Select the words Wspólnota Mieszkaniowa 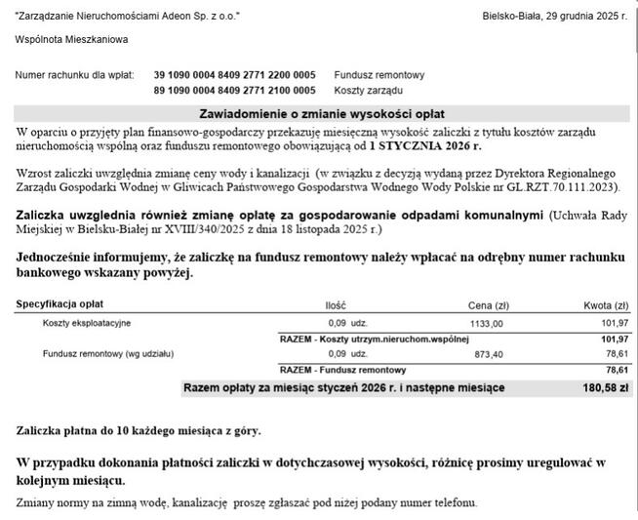pyautogui.click(x=71, y=40)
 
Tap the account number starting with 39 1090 pyautogui.click(x=234, y=75)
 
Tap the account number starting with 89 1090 pyautogui.click(x=234, y=91)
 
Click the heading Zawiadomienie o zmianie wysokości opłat pyautogui.click(x=323, y=113)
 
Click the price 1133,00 pyautogui.click(x=486, y=323)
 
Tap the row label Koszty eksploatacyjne pyautogui.click(x=86, y=322)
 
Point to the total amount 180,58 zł pyautogui.click(x=606, y=388)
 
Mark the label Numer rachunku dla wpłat pyautogui.click(x=74, y=75)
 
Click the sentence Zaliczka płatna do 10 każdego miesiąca pyautogui.click(x=139, y=430)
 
